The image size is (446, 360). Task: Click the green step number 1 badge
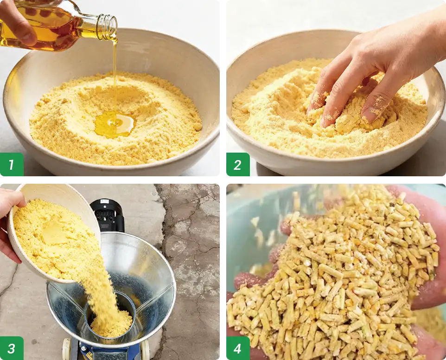click(x=12, y=165)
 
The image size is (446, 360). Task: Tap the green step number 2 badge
click(x=238, y=165)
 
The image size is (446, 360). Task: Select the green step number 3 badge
click(x=12, y=348)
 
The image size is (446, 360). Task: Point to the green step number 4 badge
click(x=238, y=348)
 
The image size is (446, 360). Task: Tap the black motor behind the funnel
click(x=107, y=215)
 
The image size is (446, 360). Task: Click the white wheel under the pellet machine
click(x=66, y=349)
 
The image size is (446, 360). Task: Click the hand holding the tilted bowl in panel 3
click(x=12, y=222)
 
